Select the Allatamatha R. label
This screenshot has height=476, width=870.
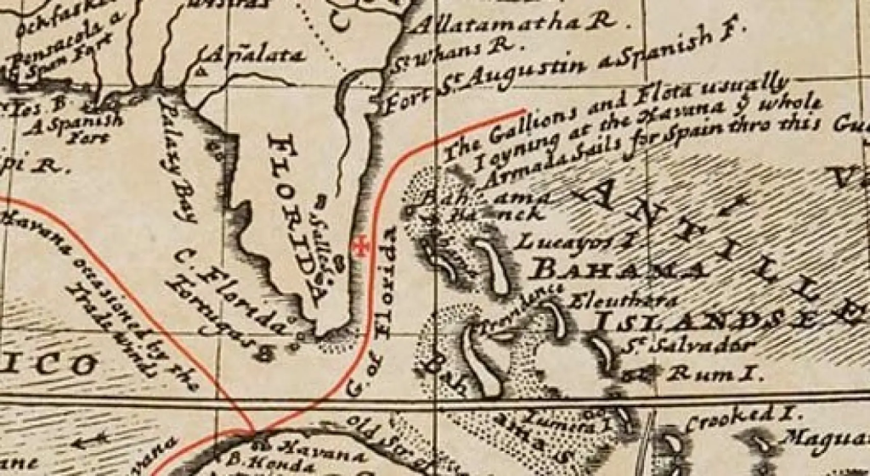click(513, 23)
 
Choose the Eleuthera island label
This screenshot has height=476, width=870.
click(625, 300)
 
